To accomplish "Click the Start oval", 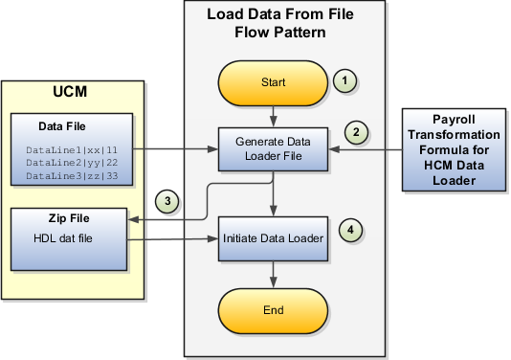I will [274, 82].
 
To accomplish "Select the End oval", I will [274, 311].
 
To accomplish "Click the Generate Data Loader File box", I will [274, 147].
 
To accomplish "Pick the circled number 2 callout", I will [357, 129].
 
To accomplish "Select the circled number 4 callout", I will [355, 229].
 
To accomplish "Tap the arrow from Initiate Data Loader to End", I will [274, 275].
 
